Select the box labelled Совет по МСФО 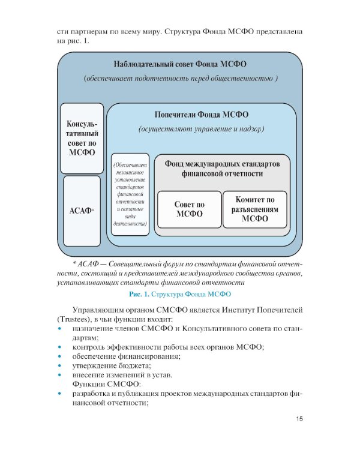[189, 209]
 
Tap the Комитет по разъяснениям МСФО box [254, 209]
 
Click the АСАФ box [82, 211]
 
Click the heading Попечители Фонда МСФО [202, 114]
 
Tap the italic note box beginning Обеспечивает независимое [130, 194]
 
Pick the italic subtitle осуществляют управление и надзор [202, 129]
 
